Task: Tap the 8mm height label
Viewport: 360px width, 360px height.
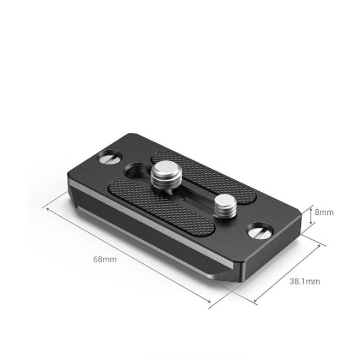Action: (x=324, y=212)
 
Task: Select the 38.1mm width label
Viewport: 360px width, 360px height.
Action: (x=305, y=281)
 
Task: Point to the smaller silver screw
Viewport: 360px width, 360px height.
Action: (x=225, y=204)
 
